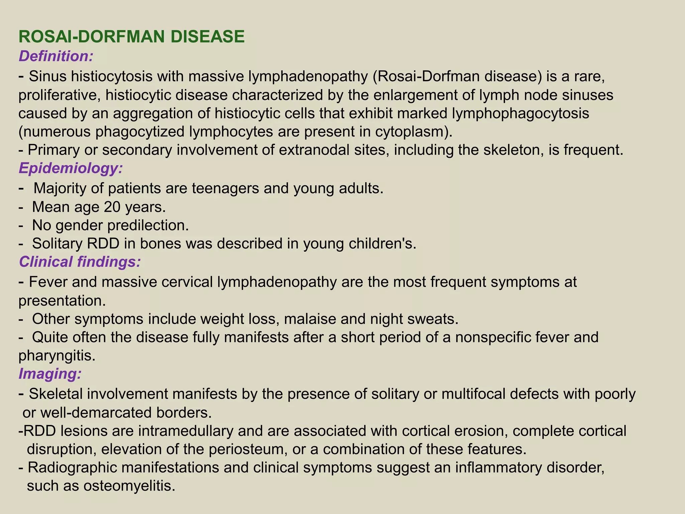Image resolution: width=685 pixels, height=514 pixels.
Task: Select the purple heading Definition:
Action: click(56, 56)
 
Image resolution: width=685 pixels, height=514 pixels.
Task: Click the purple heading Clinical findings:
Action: click(80, 262)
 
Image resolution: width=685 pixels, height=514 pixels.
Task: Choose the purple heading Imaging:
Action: click(50, 373)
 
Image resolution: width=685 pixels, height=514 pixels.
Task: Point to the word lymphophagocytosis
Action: click(520, 114)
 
